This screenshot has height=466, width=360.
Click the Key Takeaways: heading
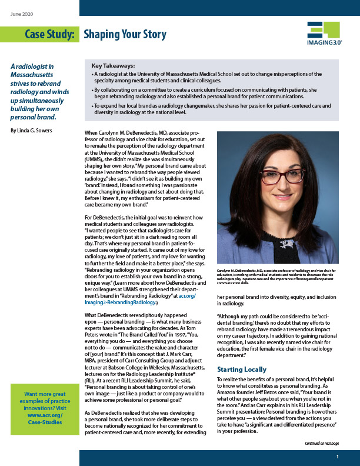tap(114, 66)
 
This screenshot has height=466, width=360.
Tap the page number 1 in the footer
tap(338, 457)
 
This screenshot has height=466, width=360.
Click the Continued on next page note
tap(322, 442)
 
